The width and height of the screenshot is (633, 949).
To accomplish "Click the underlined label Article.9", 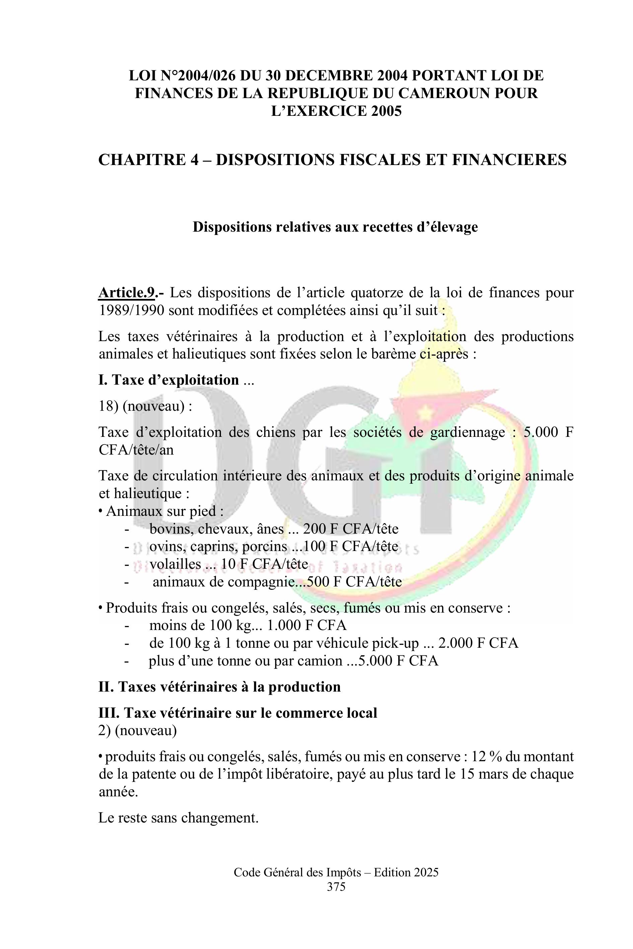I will (x=126, y=293).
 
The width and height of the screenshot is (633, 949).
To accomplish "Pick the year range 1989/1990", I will (x=131, y=310).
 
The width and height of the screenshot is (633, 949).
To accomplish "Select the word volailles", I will (x=175, y=564).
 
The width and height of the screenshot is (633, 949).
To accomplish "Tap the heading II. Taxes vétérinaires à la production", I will (x=219, y=687).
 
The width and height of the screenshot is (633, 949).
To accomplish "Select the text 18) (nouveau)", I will (x=145, y=406).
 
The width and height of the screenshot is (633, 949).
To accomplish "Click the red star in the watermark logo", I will (x=425, y=412).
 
